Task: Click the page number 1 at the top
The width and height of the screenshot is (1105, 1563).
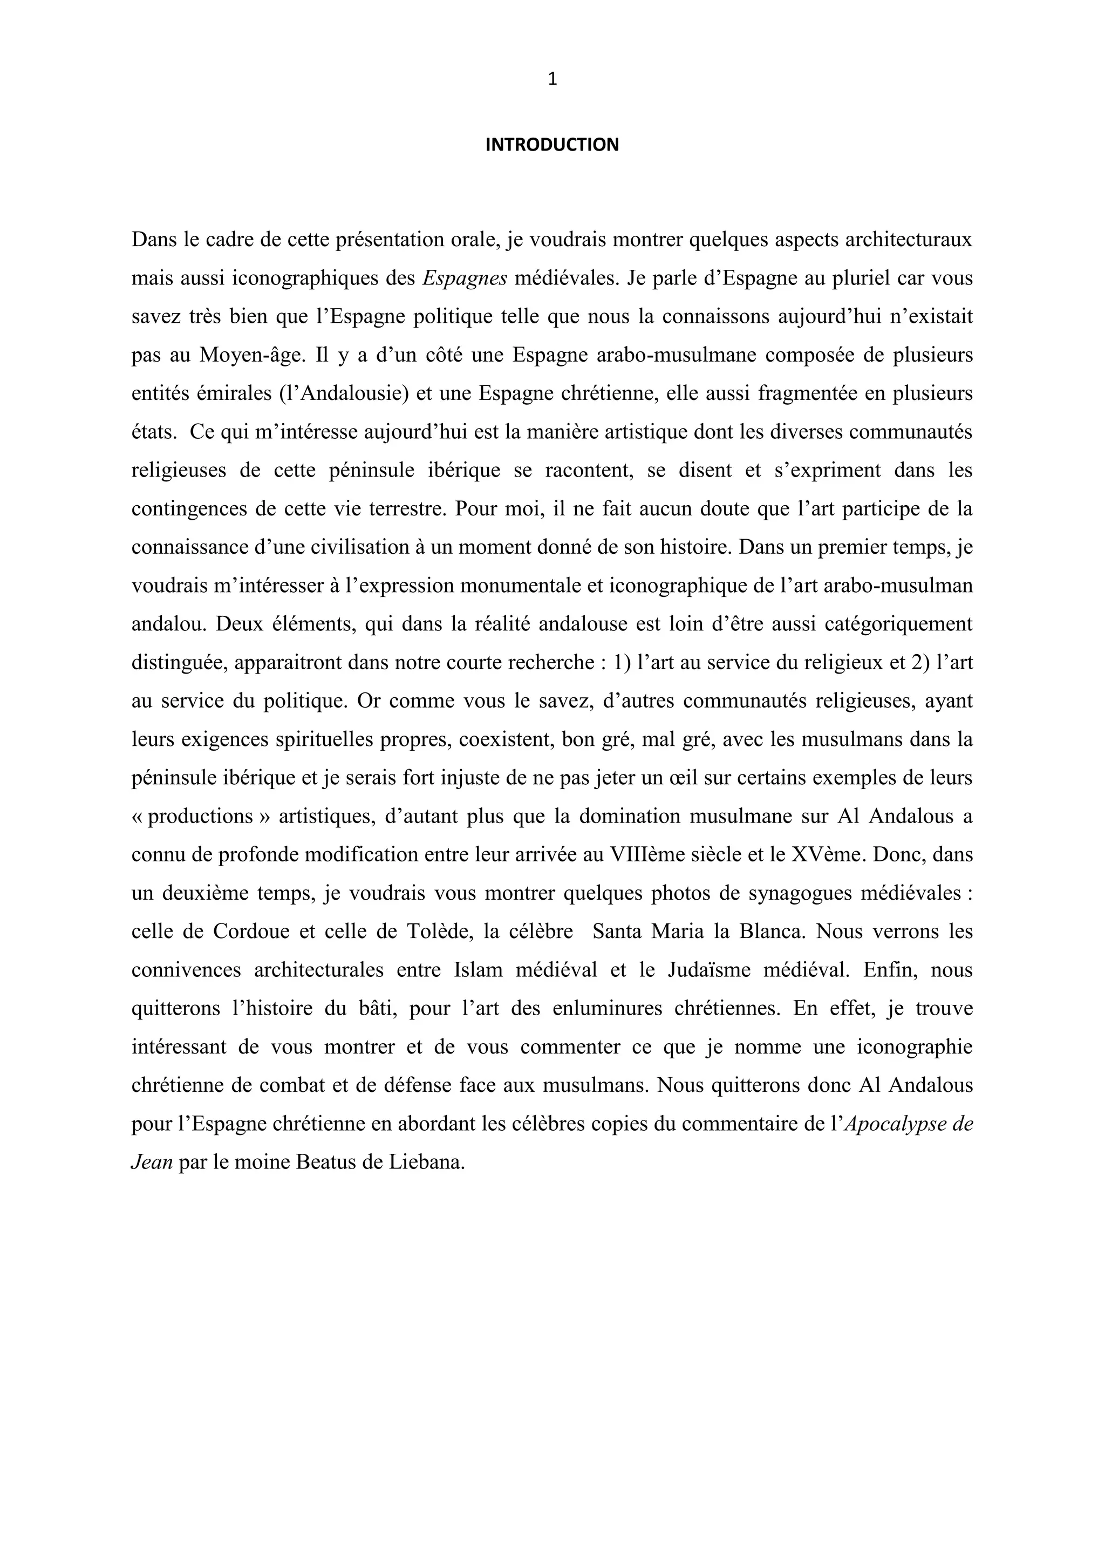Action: pos(552,80)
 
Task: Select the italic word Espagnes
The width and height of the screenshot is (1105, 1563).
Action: pos(465,278)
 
